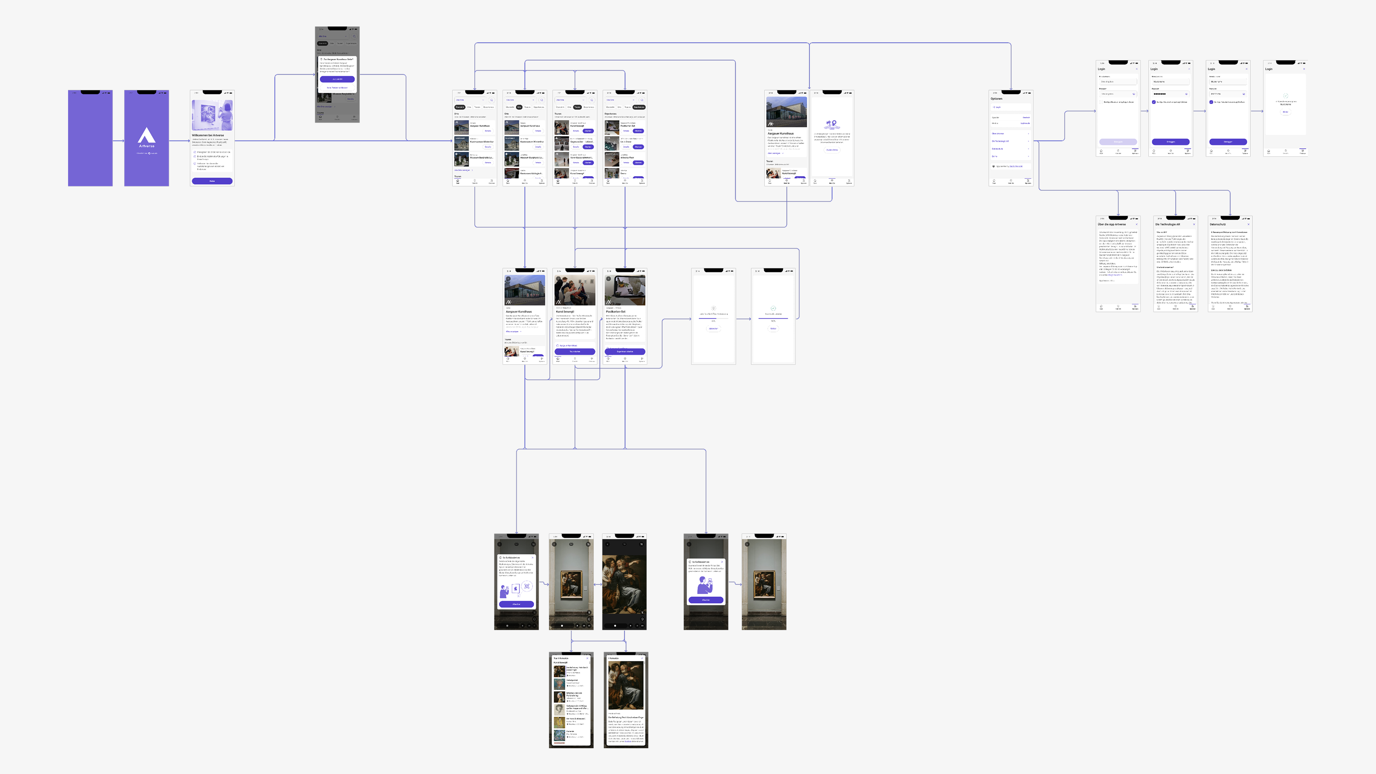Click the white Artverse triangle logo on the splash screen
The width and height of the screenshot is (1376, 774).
click(x=146, y=135)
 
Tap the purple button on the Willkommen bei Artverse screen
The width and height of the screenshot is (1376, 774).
click(x=212, y=181)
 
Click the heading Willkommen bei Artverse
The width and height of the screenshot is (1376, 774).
click(x=208, y=135)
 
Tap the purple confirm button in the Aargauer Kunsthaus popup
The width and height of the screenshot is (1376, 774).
click(x=337, y=79)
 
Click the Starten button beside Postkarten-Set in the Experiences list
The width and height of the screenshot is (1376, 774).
click(x=638, y=131)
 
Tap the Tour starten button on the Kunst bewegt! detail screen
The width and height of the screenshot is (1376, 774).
click(x=575, y=352)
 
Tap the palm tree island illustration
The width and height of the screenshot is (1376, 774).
click(x=832, y=124)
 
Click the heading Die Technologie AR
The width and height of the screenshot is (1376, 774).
click(x=1168, y=224)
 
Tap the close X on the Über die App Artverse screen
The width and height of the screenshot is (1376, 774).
click(x=1136, y=224)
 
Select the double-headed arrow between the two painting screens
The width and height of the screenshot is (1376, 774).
click(x=598, y=584)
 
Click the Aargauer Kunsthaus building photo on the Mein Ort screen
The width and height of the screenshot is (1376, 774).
click(x=786, y=112)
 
